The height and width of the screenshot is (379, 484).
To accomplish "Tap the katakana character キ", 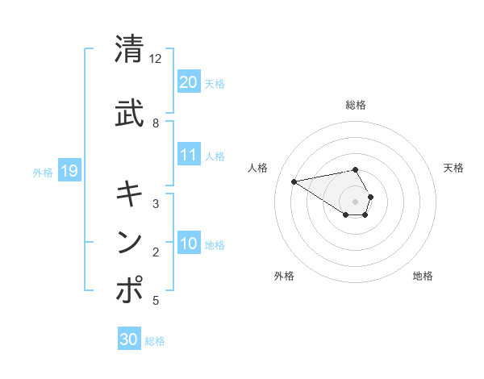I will click(130, 194).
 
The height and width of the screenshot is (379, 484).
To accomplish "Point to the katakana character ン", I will click(130, 242).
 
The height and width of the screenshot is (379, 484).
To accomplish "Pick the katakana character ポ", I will click(130, 290).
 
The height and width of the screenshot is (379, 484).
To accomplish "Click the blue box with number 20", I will click(188, 81).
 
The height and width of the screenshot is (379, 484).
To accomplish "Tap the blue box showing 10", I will click(188, 243).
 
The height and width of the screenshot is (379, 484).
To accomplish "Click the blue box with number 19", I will click(69, 170).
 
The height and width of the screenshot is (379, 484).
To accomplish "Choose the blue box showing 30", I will click(129, 339).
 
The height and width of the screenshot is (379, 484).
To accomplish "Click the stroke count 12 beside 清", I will click(156, 59).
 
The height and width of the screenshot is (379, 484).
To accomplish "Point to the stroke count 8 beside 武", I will click(156, 123).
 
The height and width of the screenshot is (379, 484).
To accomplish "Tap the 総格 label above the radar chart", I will click(356, 105).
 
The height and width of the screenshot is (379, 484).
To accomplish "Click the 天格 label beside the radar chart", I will click(454, 168).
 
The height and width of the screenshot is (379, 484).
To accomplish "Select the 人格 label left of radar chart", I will click(258, 168).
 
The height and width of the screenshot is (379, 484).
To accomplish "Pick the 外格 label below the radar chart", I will click(284, 276).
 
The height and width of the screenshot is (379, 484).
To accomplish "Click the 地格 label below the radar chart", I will click(423, 276).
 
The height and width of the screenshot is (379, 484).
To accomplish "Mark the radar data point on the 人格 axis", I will click(294, 181).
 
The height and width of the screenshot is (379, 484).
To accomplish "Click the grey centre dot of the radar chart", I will click(356, 201).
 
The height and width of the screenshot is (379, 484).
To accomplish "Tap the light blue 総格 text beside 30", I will click(156, 341).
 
